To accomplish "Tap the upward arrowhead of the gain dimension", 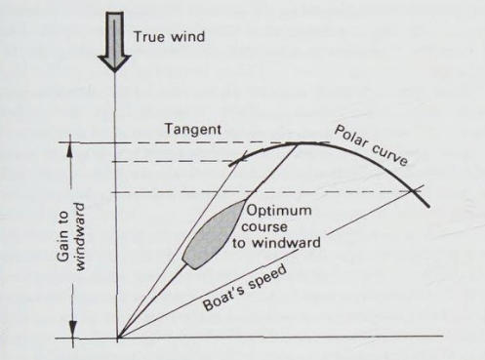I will pos(71,148).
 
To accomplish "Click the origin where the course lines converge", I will pos(116,339).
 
